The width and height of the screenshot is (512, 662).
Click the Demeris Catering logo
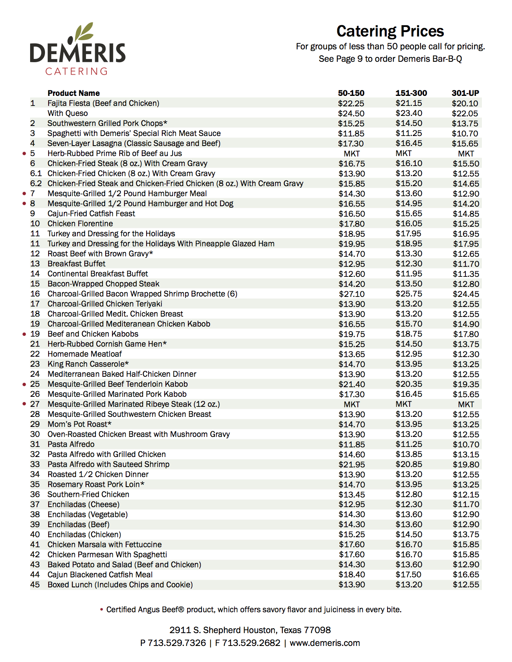click(x=78, y=49)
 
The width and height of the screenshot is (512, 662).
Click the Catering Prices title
click(x=390, y=31)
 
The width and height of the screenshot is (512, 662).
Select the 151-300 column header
click(x=411, y=93)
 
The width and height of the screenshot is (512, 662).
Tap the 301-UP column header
click(x=465, y=93)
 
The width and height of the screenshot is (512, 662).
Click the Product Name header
click(x=73, y=93)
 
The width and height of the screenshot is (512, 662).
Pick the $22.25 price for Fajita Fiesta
click(x=351, y=104)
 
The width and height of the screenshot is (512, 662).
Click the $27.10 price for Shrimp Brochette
click(x=352, y=294)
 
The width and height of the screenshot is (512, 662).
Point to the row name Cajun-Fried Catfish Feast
click(x=91, y=214)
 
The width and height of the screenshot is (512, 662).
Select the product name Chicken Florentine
click(x=80, y=224)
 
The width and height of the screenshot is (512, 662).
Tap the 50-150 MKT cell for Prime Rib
click(x=352, y=154)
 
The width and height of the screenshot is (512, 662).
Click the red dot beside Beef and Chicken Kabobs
click(x=24, y=334)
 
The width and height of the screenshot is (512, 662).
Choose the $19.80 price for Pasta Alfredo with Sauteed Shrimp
click(x=466, y=465)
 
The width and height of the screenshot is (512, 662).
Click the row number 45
click(x=35, y=585)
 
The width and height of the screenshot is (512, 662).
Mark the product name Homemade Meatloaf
click(x=84, y=354)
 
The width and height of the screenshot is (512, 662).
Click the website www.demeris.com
click(x=324, y=643)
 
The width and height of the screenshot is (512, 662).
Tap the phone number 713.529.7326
click(x=177, y=643)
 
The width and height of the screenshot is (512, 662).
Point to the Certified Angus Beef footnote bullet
click(x=102, y=610)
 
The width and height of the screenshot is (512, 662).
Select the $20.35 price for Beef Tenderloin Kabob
click(x=409, y=384)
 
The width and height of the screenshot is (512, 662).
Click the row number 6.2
click(x=36, y=184)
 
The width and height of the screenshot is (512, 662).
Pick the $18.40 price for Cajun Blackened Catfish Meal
click(x=352, y=575)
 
